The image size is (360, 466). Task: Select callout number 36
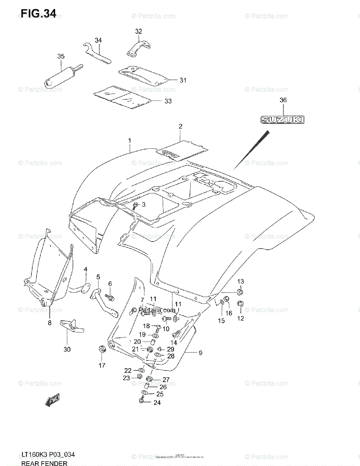(283, 100)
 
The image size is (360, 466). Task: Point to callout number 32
(138, 31)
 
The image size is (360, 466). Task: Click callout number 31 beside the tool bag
(183, 80)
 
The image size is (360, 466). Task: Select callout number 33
(168, 101)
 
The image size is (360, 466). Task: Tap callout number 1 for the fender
(130, 141)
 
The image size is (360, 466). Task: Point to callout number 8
(50, 322)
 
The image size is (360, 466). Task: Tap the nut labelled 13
(240, 291)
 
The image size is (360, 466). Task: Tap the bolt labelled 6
(111, 297)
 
